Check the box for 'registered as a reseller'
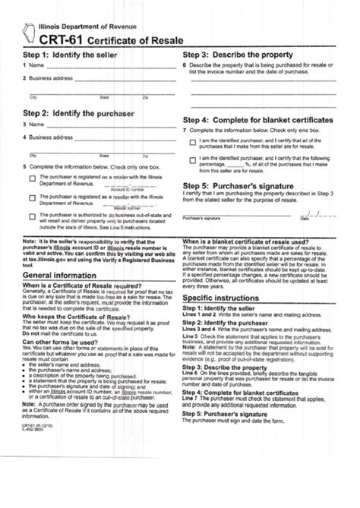tap(33, 198)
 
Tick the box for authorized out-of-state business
tap(33, 216)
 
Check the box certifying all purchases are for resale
tap(193, 143)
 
